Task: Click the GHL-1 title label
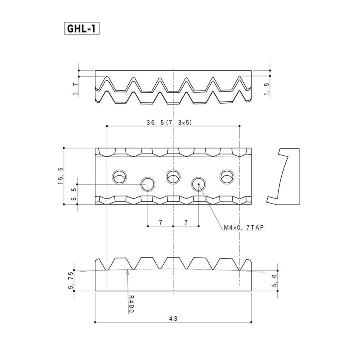[x=82, y=29]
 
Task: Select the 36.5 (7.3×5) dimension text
[x=169, y=123]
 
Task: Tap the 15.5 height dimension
[x=60, y=176]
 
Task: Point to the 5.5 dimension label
[x=74, y=194]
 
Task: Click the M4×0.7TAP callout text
[x=244, y=228]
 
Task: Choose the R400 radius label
[x=131, y=304]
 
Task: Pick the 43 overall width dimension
[x=173, y=319]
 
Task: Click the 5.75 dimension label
[x=71, y=280]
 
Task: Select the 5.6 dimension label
[x=274, y=280]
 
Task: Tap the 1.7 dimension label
[x=76, y=89]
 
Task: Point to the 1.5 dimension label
[x=266, y=89]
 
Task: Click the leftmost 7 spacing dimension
[x=160, y=222]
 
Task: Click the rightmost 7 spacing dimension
[x=186, y=222]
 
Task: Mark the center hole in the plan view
[x=173, y=177]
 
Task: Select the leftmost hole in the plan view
[x=119, y=177]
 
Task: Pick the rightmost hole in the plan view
[x=227, y=177]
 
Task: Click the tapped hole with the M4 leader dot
[x=198, y=184]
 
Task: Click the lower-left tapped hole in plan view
[x=148, y=184]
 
